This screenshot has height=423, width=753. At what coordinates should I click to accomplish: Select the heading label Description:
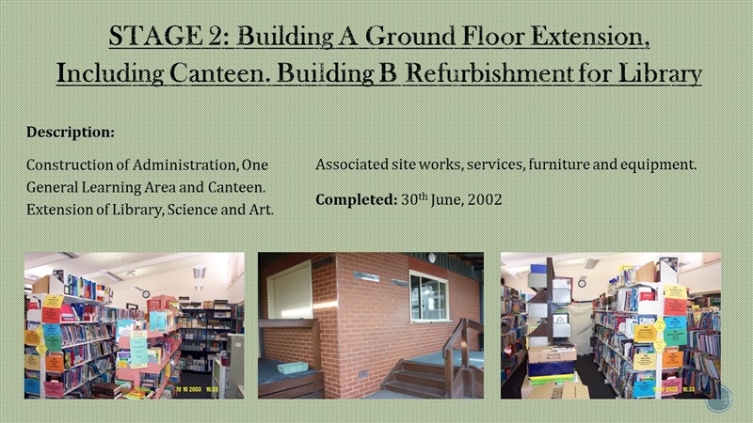[71, 132]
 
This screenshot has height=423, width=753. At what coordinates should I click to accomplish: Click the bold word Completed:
[357, 199]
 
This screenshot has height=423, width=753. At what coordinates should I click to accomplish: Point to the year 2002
[485, 199]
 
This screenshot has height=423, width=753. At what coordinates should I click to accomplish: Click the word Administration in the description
[184, 164]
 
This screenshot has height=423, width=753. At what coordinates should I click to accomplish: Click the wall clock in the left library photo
[146, 294]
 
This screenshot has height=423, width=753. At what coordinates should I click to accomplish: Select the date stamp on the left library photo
[198, 390]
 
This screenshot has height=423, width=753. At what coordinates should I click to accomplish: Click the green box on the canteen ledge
[292, 368]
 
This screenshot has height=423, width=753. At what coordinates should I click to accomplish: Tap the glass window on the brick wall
[429, 296]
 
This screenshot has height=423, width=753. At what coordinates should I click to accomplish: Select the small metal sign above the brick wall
[366, 276]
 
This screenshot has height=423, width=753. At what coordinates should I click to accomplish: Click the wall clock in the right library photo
[582, 283]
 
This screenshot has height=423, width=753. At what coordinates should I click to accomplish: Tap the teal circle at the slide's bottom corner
[718, 399]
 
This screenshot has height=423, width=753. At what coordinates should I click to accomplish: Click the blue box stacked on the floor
[553, 368]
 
